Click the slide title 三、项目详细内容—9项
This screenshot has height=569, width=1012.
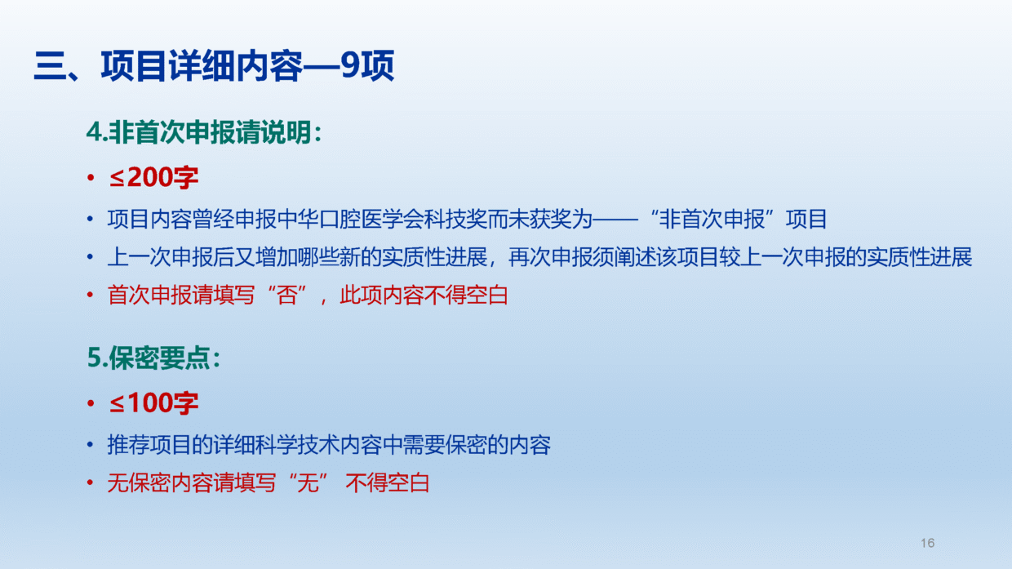tap(214, 66)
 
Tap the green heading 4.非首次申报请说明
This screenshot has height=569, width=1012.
tap(204, 132)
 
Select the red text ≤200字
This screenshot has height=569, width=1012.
tap(153, 177)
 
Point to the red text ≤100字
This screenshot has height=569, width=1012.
tap(153, 402)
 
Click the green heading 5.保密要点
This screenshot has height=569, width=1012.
tap(153, 358)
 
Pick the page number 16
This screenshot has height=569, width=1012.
tap(927, 543)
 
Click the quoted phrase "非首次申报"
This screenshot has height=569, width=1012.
tap(712, 220)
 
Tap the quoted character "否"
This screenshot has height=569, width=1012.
tap(287, 295)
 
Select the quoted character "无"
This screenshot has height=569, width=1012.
tap(308, 482)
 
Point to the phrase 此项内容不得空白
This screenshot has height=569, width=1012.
tap(424, 295)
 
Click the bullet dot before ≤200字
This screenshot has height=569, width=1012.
tap(91, 178)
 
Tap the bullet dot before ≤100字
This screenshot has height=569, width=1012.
tap(91, 403)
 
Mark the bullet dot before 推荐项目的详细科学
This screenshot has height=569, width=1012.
tap(91, 445)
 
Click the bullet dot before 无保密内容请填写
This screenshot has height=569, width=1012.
tap(91, 483)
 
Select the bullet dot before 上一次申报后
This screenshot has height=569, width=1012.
tap(91, 257)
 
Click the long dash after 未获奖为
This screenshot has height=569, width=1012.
tap(615, 220)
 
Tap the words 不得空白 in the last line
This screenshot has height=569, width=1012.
tap(387, 482)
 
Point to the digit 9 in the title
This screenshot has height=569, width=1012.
tap(351, 65)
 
